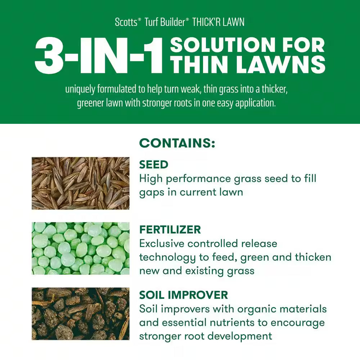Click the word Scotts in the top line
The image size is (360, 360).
point(126,22)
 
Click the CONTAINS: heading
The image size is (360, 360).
point(177,143)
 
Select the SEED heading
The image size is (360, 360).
point(154,165)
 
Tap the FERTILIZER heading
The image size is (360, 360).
point(170,229)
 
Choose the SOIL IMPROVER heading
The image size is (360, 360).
point(184,295)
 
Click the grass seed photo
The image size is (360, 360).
point(80,183)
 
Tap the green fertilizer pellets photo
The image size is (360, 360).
point(80,248)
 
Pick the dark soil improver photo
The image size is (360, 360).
point(80,314)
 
